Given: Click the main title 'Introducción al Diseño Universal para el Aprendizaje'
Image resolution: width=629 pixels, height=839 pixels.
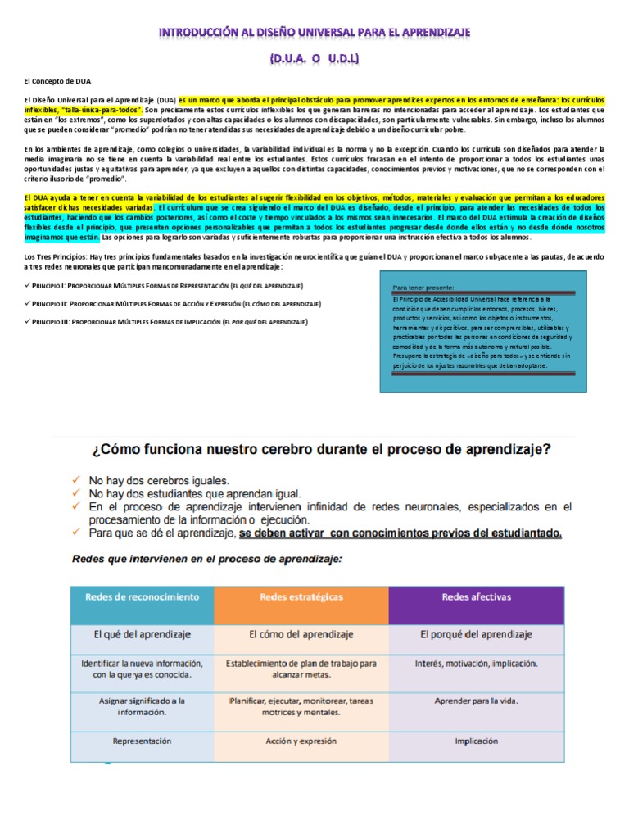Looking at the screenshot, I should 314,32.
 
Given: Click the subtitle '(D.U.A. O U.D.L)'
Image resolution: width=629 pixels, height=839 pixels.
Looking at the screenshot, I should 314,60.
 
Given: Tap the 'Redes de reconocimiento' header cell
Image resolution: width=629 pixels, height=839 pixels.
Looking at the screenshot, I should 142,597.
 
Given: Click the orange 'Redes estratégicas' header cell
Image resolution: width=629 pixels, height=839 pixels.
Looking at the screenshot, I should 301,597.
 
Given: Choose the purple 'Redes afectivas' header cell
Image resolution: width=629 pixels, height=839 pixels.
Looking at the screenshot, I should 476,597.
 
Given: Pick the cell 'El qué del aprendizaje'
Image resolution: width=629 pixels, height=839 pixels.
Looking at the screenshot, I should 142,634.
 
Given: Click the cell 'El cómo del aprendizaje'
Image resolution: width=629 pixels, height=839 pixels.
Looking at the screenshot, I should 301,634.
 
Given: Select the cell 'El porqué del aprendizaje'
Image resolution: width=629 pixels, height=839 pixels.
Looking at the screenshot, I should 476,634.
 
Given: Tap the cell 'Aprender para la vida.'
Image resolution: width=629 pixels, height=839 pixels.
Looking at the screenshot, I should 476,701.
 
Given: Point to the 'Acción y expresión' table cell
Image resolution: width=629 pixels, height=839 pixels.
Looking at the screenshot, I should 301,740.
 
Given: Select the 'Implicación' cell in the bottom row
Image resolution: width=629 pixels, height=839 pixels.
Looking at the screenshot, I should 476,741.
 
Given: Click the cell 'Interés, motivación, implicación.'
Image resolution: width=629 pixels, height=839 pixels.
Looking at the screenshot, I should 476,663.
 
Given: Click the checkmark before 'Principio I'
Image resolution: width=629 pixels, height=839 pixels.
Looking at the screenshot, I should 28,285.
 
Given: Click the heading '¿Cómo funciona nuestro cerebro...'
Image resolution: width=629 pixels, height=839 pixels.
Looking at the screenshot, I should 314,450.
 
